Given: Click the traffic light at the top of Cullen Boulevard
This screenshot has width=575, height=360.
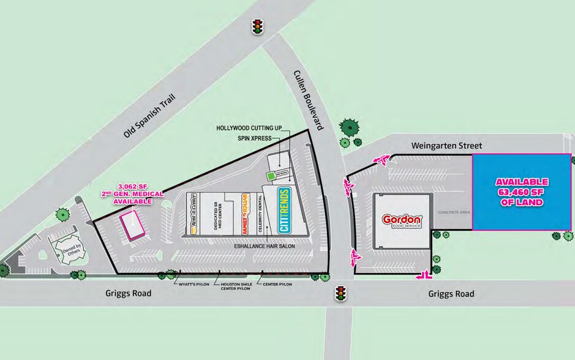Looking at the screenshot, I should pos(257,27).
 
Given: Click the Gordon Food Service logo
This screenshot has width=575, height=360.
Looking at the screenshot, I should pos(402,222).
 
